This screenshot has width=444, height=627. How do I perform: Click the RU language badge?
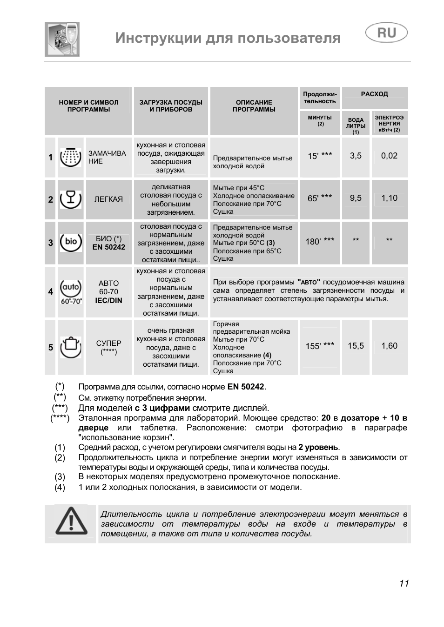[386, 33]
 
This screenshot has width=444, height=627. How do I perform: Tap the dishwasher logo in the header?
[62, 39]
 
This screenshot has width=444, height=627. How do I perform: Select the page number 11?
[404, 583]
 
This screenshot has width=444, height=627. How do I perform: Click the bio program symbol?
[71, 242]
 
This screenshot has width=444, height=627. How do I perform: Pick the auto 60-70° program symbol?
[71, 292]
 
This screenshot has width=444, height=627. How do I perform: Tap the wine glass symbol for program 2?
[71, 199]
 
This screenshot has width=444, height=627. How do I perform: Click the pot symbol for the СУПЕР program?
[71, 347]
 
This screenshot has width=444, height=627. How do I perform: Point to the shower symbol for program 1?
[71, 157]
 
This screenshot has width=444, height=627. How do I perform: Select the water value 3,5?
[356, 156]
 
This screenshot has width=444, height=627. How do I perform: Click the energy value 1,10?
[389, 198]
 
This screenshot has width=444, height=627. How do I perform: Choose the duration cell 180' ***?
[320, 241]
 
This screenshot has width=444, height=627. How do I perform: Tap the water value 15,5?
[356, 346]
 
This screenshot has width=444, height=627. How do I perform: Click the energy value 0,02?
[389, 156]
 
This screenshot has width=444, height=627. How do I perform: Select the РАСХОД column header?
[374, 94]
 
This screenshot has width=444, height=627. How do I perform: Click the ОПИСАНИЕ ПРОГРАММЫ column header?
[254, 106]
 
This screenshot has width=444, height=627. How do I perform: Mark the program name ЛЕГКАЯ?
[108, 199]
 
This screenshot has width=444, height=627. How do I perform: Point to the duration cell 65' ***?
[320, 198]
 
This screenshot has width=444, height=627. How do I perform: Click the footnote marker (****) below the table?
[60, 418]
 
